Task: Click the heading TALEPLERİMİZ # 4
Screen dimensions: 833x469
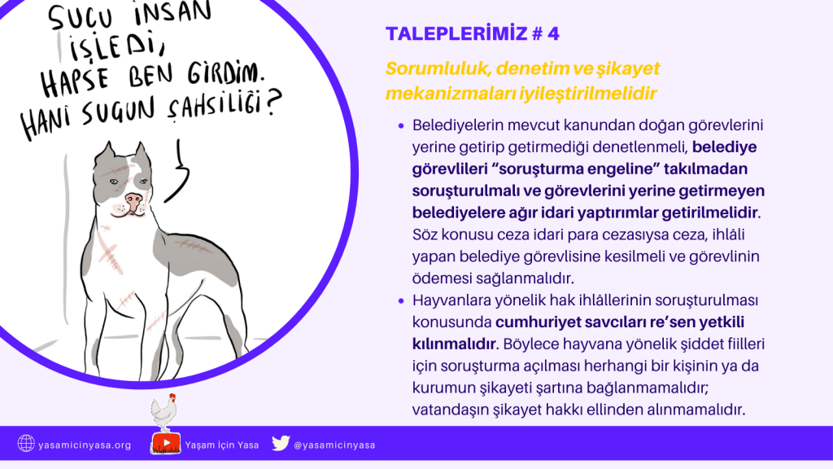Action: coord(473,33)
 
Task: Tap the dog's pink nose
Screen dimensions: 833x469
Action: coord(133,201)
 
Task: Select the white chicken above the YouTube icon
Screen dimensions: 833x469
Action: coord(164,412)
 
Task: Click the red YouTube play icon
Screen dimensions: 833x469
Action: coord(166,443)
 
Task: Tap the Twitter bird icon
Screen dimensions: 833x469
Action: coord(281,443)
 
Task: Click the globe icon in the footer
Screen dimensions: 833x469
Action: coord(25,443)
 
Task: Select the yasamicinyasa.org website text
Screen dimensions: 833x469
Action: coord(85,445)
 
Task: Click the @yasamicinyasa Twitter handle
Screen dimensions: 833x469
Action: coord(334,445)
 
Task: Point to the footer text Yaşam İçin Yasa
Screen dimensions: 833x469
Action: coord(221,445)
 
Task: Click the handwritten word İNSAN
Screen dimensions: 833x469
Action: coord(172,13)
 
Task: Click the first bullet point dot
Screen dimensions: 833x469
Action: coord(401,126)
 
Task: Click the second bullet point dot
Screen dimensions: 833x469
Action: coord(401,301)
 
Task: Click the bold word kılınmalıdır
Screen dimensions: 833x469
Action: coord(454,344)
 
